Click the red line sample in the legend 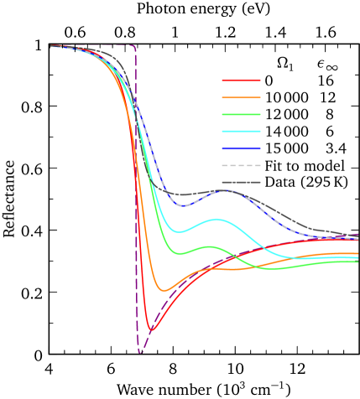pyautogui.click(x=241, y=81)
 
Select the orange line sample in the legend pyautogui.click(x=241, y=98)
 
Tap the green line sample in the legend pyautogui.click(x=241, y=115)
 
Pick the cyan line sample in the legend pyautogui.click(x=241, y=132)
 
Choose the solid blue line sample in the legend pyautogui.click(x=241, y=148)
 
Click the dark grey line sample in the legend pyautogui.click(x=241, y=182)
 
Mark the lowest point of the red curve pyautogui.click(x=150, y=329)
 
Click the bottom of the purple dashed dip pyautogui.click(x=140, y=352)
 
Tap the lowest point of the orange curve pyautogui.click(x=164, y=291)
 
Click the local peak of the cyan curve pyautogui.click(x=217, y=220)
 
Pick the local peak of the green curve pyautogui.click(x=211, y=246)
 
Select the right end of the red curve pyautogui.click(x=358, y=241)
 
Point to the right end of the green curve pyautogui.click(x=358, y=262)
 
